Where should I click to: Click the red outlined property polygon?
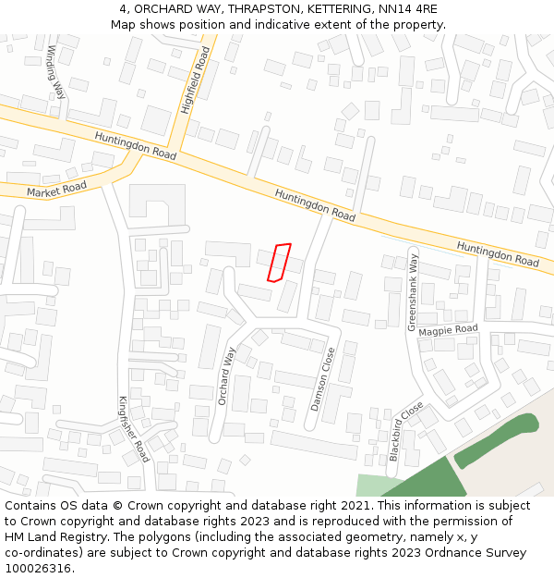coord(279,263)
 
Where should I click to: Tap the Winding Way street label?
coord(55,72)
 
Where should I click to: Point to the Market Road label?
coord(56,190)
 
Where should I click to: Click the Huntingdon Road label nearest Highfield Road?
coord(135,146)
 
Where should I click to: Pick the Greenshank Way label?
coord(413,291)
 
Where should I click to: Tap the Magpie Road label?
coord(448,330)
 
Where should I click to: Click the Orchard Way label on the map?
coord(226,375)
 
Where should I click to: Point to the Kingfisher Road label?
coord(133,429)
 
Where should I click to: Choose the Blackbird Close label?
coord(405,431)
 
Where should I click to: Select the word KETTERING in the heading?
coord(319,9)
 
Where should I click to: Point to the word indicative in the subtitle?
coord(268,24)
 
